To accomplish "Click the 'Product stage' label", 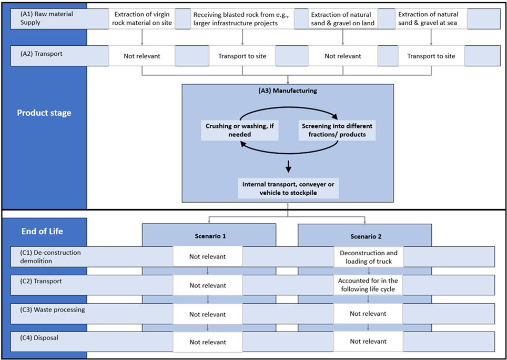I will tap(44, 113).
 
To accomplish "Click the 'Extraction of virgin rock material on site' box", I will tap(142, 19).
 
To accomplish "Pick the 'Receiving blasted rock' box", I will tap(242, 19).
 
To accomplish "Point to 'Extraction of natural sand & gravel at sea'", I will tap(431, 19).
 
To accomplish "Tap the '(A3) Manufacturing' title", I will tap(288, 91).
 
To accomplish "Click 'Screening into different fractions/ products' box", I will tap(337, 130).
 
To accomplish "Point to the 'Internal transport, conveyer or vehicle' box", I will tap(288, 188).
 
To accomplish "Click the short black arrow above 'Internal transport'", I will tap(288, 166).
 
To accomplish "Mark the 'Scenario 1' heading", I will tap(209, 236).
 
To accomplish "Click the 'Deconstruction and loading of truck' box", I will tap(368, 257).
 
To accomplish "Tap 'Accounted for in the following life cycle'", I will tap(368, 285).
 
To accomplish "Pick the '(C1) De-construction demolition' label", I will tap(48, 256).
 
